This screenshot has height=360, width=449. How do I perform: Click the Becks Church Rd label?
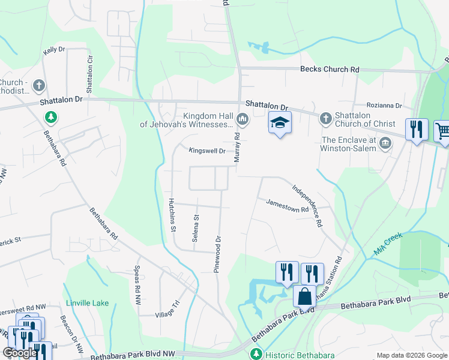pyautogui.click(x=330, y=70)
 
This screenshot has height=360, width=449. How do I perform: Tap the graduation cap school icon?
pyautogui.click(x=279, y=122)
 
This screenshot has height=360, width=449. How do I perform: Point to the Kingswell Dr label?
pyautogui.click(x=206, y=151)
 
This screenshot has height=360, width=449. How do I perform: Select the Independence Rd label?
pyautogui.click(x=307, y=205)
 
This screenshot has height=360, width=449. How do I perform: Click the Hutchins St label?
pyautogui.click(x=172, y=215)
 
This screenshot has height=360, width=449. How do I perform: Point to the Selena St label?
pyautogui.click(x=196, y=229)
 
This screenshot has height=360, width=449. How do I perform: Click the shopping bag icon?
pyautogui.click(x=304, y=296)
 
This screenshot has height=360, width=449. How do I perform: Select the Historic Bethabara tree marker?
pyautogui.click(x=256, y=354)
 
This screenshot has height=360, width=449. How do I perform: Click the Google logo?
pyautogui.click(x=20, y=353)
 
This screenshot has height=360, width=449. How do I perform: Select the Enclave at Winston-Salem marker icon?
pyautogui.click(x=385, y=143)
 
